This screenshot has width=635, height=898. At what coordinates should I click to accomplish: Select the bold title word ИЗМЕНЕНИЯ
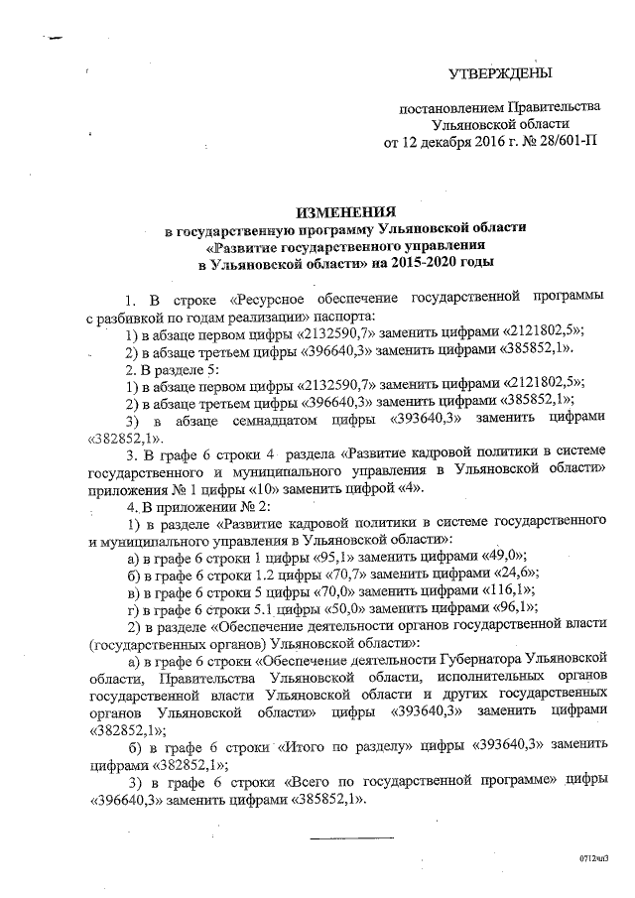pos(347,211)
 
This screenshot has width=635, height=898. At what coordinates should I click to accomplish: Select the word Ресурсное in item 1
pos(267,298)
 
